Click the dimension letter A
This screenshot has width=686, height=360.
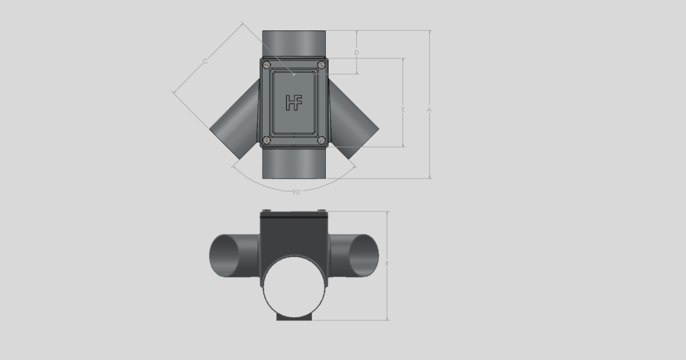428,109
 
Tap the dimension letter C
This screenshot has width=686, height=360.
205,60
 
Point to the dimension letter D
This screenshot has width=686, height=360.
357,53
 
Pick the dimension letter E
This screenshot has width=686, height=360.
403,109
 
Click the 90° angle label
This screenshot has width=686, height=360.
295,192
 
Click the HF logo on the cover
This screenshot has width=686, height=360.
294,102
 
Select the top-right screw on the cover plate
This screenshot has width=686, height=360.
321,65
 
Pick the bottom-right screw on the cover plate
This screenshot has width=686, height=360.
321,140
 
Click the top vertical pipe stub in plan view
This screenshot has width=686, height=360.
294,43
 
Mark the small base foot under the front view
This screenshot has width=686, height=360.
294,317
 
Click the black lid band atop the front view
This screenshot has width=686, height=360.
294,215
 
